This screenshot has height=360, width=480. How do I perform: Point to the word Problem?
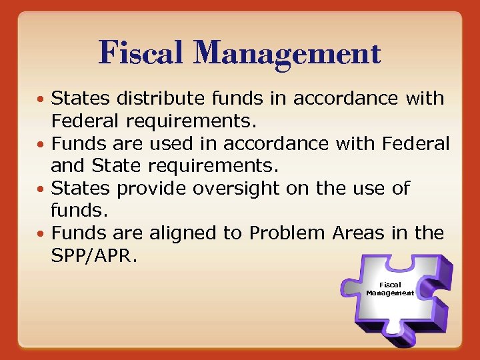(285, 233)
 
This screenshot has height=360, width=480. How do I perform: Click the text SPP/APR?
(94, 256)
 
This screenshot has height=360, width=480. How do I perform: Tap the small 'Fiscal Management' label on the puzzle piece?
(390, 289)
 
